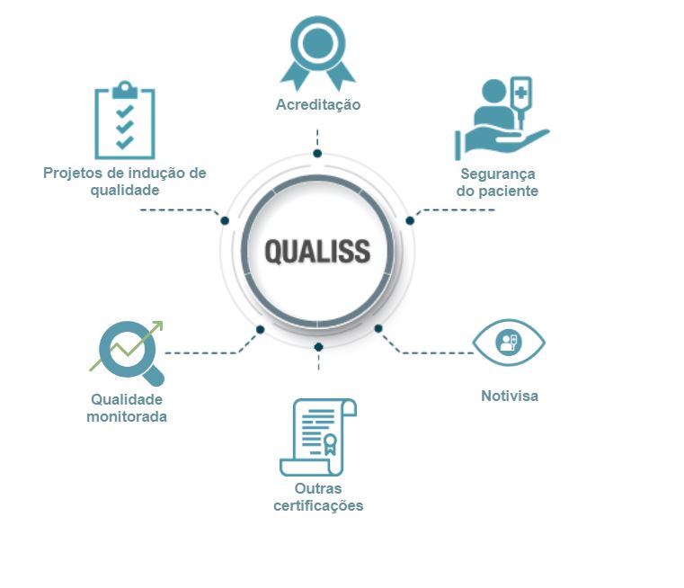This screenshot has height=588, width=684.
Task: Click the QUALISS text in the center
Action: click(317, 251)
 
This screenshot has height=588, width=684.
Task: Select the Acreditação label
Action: click(317, 104)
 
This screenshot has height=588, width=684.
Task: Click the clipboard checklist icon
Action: click(125, 122)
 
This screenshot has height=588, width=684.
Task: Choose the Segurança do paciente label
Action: click(497, 183)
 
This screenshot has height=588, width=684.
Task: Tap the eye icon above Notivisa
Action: click(509, 342)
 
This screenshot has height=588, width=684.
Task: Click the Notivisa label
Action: click(509, 396)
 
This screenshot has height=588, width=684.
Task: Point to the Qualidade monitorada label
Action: click(127, 407)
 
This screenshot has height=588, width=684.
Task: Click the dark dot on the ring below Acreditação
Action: click(317, 154)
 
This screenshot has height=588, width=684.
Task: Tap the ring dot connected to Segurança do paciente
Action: click(410, 220)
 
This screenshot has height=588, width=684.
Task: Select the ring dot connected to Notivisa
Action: click(378, 328)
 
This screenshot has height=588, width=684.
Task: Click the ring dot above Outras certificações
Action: click(317, 346)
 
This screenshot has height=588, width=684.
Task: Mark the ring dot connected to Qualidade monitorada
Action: click(259, 330)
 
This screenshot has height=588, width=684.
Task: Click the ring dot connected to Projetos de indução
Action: click(225, 220)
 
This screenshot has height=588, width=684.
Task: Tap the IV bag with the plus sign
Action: click(520, 93)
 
